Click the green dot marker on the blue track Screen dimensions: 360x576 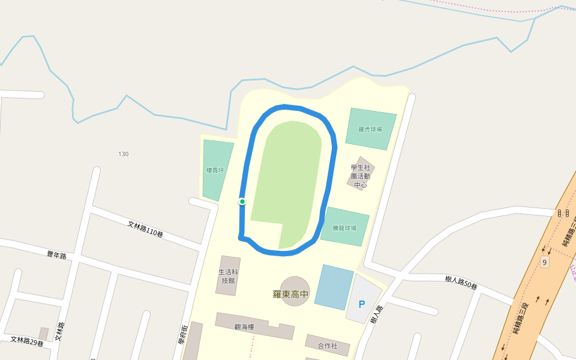click(242, 202)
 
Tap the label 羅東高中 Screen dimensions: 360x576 click(290, 294)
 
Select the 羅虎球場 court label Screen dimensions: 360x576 click(370, 129)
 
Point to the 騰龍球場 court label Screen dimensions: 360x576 click(344, 228)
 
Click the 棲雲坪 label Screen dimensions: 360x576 click(215, 170)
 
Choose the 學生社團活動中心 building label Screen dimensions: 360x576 click(361, 176)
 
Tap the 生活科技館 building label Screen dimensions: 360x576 click(227, 276)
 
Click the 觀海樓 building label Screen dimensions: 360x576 click(244, 327)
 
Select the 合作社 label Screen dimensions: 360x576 click(327, 346)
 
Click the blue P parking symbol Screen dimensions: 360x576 click(362, 304)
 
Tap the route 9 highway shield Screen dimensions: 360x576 click(544, 262)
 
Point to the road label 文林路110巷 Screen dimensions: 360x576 click(145, 229)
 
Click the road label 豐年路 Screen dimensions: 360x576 click(56, 254)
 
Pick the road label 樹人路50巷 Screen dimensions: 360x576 click(461, 283)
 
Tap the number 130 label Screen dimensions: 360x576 click(123, 154)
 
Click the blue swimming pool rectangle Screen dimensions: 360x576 click(334, 287)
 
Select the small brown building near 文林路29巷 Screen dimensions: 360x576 click(43, 334)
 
